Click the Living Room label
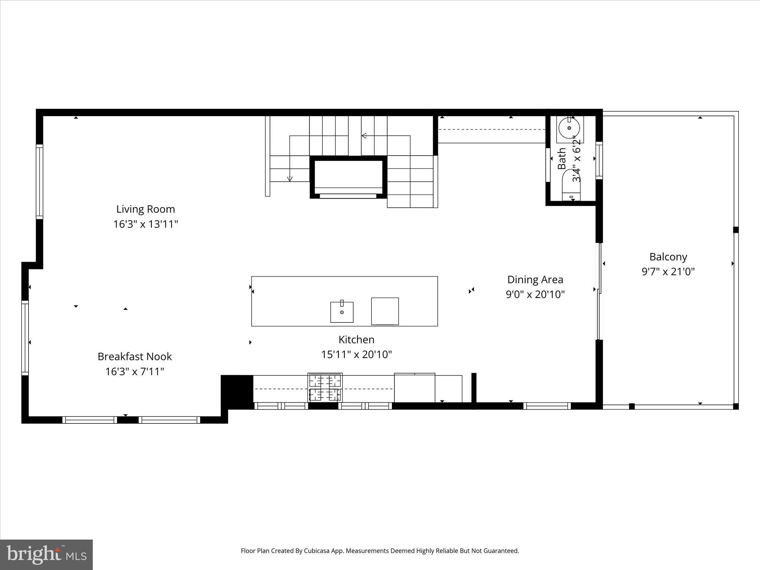145,209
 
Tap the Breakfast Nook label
135,356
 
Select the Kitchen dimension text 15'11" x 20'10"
356,354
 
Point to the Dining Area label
535,279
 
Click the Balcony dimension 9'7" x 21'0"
668,272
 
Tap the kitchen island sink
342,312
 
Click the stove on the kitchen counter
325,387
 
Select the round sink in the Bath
569,128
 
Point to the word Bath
562,159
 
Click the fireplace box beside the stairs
348,177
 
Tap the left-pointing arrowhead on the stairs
364,135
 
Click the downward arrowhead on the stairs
290,179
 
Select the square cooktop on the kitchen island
385,311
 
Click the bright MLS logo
46,554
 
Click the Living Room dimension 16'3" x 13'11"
145,224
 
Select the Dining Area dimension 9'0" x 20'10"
535,294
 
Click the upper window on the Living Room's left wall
39,181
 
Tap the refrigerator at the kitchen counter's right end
415,388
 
